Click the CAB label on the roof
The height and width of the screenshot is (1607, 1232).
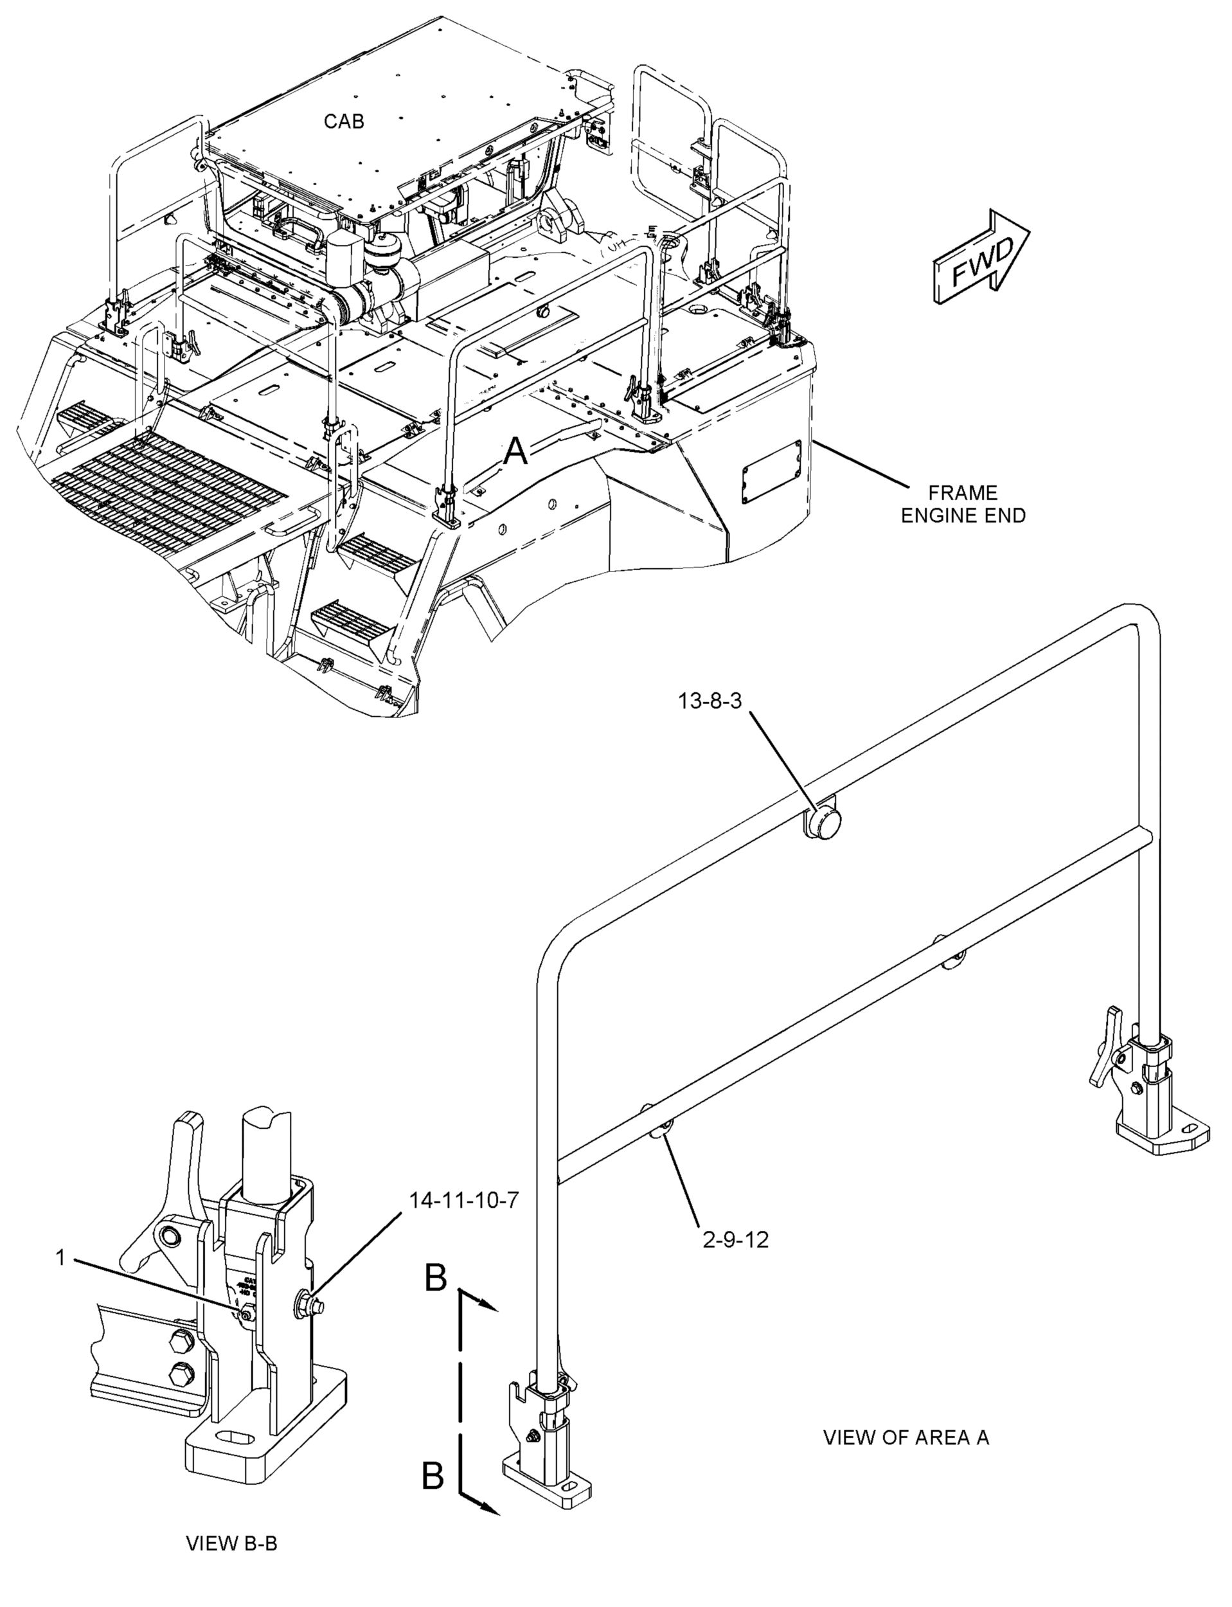[x=343, y=121]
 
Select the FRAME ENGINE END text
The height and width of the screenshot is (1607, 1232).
[x=963, y=504]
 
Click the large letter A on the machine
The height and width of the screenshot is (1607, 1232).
[x=516, y=452]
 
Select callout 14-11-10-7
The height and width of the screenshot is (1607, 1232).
[x=463, y=1201]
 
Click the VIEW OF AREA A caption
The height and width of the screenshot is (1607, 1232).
[x=906, y=1437]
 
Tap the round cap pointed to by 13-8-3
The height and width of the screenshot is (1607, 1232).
[x=821, y=822]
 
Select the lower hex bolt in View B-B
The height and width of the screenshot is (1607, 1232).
[x=181, y=1374]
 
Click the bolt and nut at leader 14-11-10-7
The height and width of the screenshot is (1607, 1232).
[x=307, y=1302]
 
